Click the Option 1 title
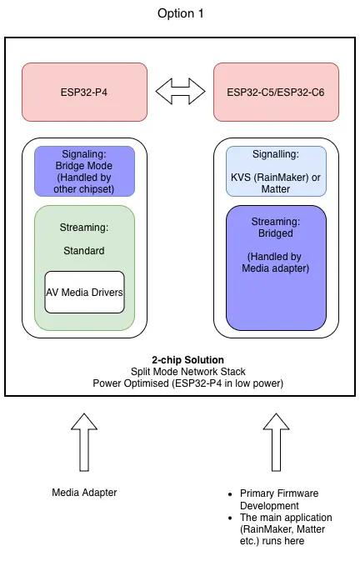pyautogui.click(x=180, y=14)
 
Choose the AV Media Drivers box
pyautogui.click(x=84, y=293)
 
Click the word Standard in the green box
pyautogui.click(x=84, y=250)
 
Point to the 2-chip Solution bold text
pyautogui.click(x=180, y=359)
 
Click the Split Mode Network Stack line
pyautogui.click(x=180, y=371)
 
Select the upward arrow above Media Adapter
pyautogui.click(x=84, y=443)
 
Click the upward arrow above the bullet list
pyautogui.click(x=276, y=443)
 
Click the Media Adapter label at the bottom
pyautogui.click(x=84, y=493)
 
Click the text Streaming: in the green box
pyautogui.click(x=84, y=227)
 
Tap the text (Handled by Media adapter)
pyautogui.click(x=276, y=262)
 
